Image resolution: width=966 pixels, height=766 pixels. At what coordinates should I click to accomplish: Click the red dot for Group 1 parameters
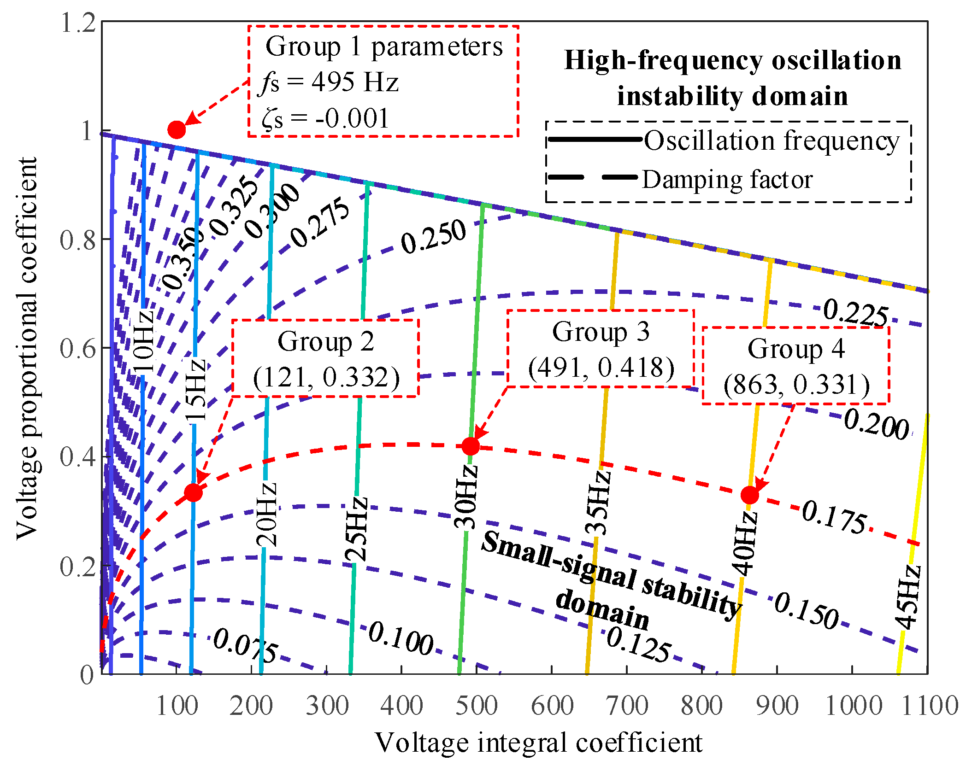coord(177,130)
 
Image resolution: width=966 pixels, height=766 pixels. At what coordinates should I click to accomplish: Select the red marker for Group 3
coord(471,446)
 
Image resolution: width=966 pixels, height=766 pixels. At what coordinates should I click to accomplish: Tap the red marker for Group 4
coord(750,495)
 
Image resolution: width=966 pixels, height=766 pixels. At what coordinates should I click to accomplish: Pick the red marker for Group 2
coord(193,493)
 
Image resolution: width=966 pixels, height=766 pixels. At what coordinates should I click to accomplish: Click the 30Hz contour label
coord(465,497)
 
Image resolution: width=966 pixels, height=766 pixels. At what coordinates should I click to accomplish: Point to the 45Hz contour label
coord(907,597)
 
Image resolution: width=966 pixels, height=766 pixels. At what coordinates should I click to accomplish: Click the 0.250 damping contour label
coord(433,236)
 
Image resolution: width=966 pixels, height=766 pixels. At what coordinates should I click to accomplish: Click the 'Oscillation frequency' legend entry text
coord(772,140)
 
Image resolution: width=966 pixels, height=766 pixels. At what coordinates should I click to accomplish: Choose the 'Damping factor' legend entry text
coord(727,180)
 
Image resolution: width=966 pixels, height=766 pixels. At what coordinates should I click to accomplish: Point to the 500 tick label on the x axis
coord(477,706)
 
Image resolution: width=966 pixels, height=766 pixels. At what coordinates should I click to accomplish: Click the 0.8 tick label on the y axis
coord(78,240)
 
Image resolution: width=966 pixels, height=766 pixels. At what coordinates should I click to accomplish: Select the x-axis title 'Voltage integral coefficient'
coord(538,743)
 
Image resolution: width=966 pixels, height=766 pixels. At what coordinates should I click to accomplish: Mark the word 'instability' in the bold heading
coord(679,96)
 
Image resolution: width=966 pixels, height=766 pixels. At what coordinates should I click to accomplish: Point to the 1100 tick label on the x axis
coord(929,706)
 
